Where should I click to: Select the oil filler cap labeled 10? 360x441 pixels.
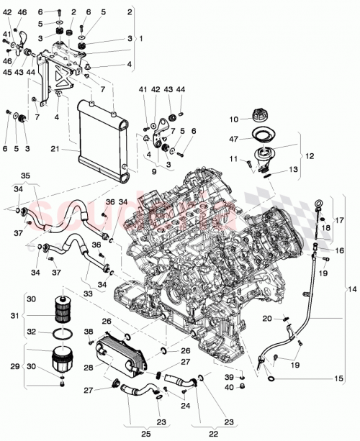[x=258, y=115]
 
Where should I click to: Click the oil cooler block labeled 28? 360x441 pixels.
[x=119, y=357]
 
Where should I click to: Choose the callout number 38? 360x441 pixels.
[x=89, y=332]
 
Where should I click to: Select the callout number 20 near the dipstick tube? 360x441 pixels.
[x=266, y=318]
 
